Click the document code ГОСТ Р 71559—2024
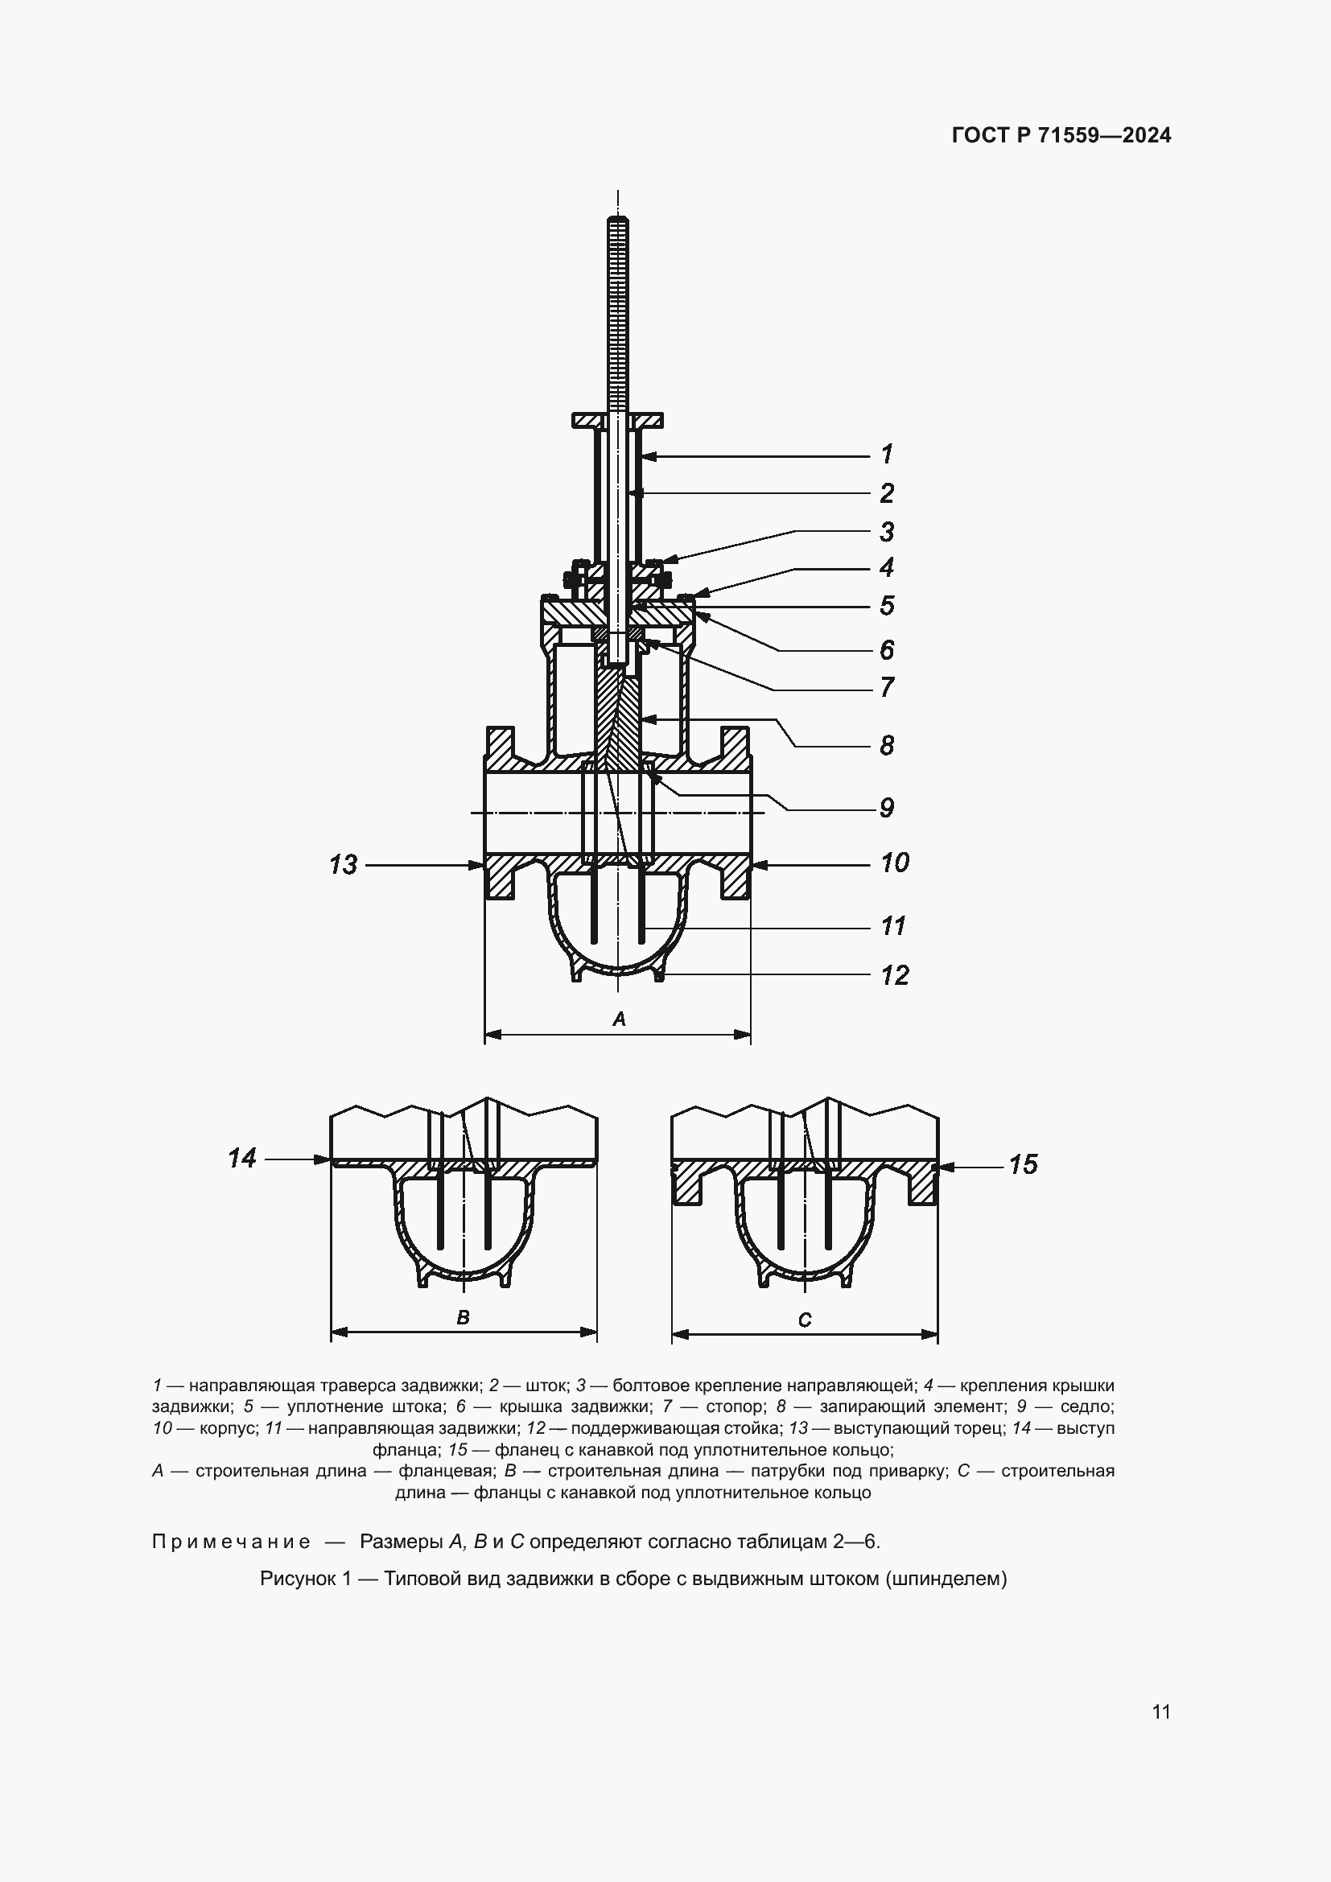[1061, 136]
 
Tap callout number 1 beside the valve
[887, 454]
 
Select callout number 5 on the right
[887, 606]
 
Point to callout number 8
[887, 745]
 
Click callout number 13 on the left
[344, 865]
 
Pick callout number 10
[894, 863]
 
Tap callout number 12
[894, 975]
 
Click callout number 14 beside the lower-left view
[242, 1158]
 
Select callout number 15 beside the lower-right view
[1023, 1164]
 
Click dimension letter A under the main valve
[620, 1019]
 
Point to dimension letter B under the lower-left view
[463, 1317]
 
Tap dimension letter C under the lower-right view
[805, 1320]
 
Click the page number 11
[1160, 1711]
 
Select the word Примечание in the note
[231, 1542]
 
